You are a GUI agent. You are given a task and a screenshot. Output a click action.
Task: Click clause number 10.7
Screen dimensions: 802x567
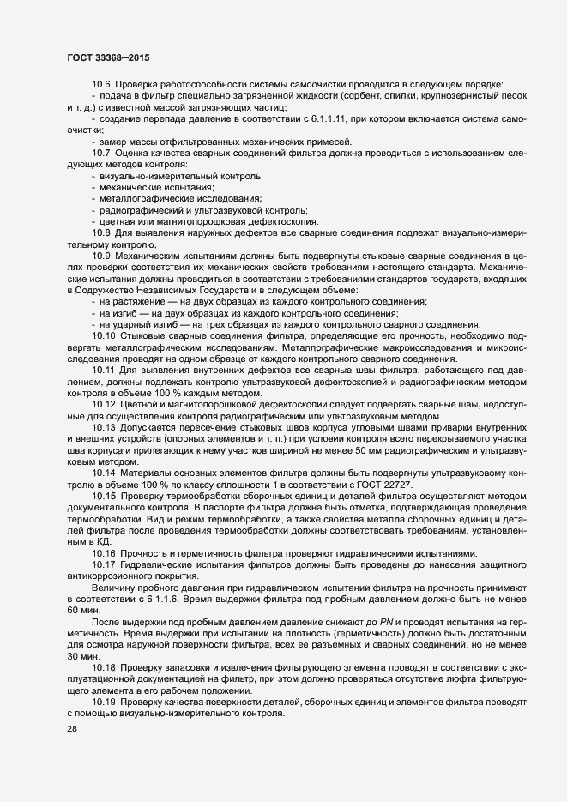[x=101, y=153]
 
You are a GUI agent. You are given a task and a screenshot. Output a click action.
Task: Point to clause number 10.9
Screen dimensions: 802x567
[x=101, y=256]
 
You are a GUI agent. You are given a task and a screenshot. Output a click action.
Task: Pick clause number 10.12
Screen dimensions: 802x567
[x=103, y=403]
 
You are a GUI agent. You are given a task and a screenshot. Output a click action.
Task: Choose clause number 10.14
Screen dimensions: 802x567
[x=103, y=473]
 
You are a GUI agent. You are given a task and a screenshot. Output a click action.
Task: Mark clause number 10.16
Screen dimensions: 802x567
[x=103, y=553]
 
